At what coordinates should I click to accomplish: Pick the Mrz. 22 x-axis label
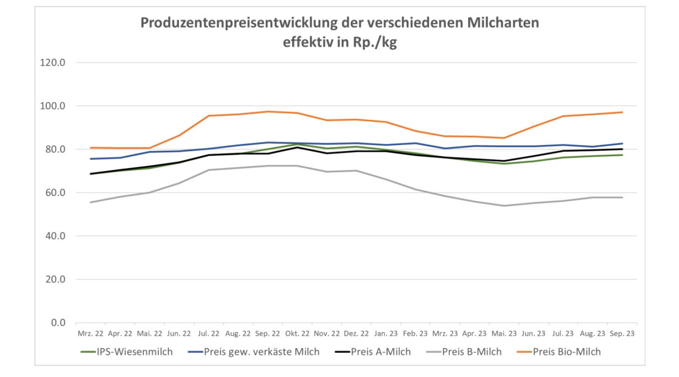pyautogui.click(x=91, y=334)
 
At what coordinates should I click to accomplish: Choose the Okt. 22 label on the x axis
pyautogui.click(x=297, y=334)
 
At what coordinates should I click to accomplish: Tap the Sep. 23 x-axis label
pyautogui.click(x=622, y=334)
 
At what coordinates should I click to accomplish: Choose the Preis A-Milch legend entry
pyautogui.click(x=375, y=352)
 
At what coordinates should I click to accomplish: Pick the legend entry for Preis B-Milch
pyautogui.click(x=466, y=352)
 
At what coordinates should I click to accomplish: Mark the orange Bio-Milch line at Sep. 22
pyautogui.click(x=268, y=112)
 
